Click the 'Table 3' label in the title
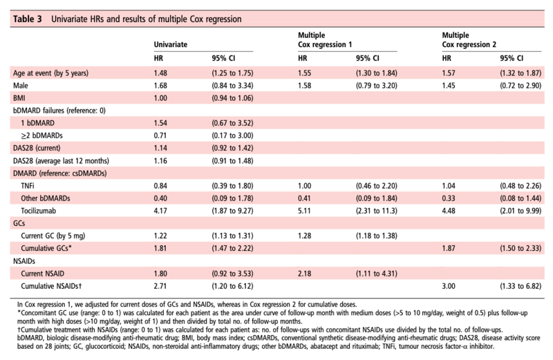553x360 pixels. coord(27,19)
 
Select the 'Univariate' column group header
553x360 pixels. coord(170,44)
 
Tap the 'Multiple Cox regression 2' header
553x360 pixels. coord(469,40)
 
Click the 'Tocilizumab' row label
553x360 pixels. coord(38,211)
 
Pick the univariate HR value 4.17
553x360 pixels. coord(160,211)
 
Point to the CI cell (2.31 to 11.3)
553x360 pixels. coord(376,211)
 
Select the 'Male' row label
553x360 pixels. coord(21,86)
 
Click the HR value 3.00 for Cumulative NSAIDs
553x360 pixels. coord(448,286)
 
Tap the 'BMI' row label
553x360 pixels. coord(19,98)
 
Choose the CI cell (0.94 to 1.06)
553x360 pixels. coord(232,98)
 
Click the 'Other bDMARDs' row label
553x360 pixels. coord(45,198)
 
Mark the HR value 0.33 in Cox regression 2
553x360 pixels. coord(448,198)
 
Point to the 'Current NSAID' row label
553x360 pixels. coord(42,274)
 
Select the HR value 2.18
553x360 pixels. coord(304,274)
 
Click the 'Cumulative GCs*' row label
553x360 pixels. coord(46,248)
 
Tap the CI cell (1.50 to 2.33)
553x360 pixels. coord(521,248)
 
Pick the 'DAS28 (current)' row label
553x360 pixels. coord(37,148)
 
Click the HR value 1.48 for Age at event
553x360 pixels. coord(160,73)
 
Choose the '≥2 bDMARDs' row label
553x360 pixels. coord(41,135)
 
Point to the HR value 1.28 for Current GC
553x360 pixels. coord(304,236)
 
